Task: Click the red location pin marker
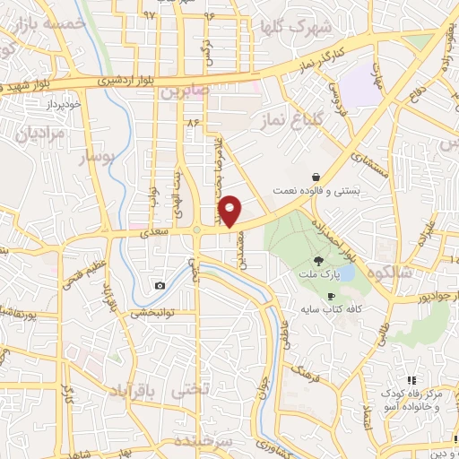229,211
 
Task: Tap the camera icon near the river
160,285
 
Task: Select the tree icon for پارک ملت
319,261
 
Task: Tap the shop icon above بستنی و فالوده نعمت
316,177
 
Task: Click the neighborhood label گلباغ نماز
285,118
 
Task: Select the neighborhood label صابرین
185,91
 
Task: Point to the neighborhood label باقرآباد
138,392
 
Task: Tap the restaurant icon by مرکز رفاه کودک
411,380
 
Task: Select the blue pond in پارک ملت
347,271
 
